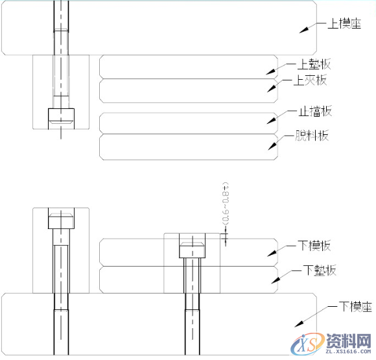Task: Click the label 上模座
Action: tap(341, 24)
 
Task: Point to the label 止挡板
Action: tap(314, 112)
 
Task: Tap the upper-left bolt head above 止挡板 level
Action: tap(62, 116)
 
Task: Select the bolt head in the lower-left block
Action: tap(62, 220)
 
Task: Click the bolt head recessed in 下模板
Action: tap(193, 249)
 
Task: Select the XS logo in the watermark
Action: tap(307, 346)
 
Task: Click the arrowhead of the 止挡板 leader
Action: tap(273, 122)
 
